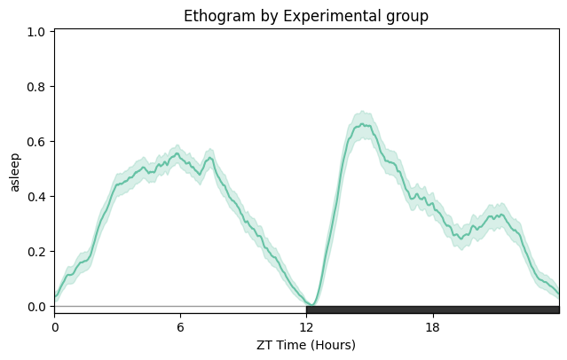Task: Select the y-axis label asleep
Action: (x=14, y=171)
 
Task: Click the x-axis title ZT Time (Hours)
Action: (x=306, y=344)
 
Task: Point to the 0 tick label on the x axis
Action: (x=54, y=325)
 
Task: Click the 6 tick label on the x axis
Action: (x=180, y=325)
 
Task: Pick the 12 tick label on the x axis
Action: (x=306, y=325)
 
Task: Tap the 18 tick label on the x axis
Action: (x=433, y=325)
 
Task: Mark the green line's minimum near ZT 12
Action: (x=310, y=305)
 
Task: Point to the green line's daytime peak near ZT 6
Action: (x=177, y=154)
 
